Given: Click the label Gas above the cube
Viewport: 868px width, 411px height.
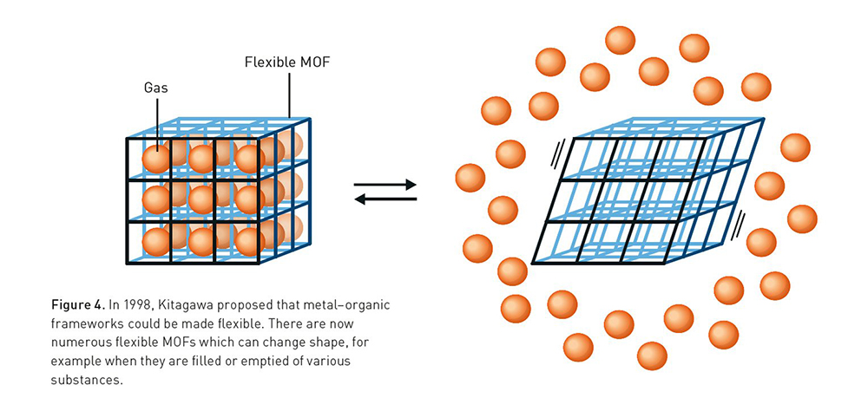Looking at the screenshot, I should (x=156, y=88).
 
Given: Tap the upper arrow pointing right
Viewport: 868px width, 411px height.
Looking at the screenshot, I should (x=386, y=184).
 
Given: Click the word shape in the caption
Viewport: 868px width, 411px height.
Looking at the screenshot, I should (x=310, y=344).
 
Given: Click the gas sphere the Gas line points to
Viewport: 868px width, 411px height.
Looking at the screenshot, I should (x=155, y=159).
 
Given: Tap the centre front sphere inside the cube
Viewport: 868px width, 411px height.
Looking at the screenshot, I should (x=202, y=200).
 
